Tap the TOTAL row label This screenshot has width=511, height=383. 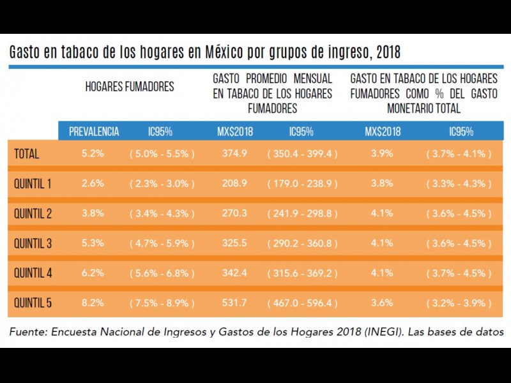point(27,154)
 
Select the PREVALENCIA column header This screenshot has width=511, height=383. point(94,132)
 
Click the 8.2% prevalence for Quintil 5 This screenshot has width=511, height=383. point(93,303)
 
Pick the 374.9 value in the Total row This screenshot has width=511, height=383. point(236,154)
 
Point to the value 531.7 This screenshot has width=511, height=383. point(236,303)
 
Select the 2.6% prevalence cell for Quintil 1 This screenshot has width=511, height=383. point(93,184)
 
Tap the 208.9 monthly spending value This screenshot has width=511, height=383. point(236,184)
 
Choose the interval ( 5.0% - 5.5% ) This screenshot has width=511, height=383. point(162,154)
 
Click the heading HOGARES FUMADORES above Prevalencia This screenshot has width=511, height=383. point(130,87)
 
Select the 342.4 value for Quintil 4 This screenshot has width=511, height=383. point(236,273)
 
